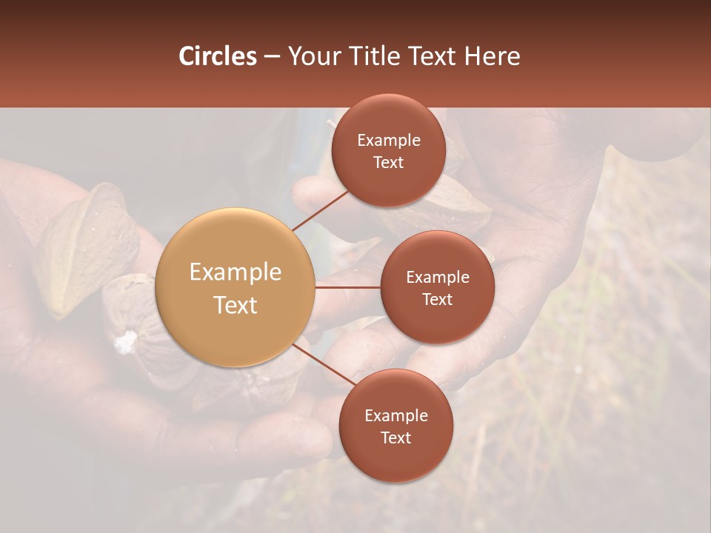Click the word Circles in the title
[x=218, y=56]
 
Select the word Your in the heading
[x=312, y=56]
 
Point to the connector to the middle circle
[x=347, y=287]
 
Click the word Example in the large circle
[x=235, y=272]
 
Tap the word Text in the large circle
[x=235, y=305]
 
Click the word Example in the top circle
[x=388, y=140]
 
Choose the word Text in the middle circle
[x=437, y=299]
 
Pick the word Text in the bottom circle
[x=395, y=438]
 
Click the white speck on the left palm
[x=126, y=341]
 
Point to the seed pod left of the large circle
[x=85, y=248]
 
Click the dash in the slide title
[x=272, y=56]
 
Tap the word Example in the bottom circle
[x=395, y=415]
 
